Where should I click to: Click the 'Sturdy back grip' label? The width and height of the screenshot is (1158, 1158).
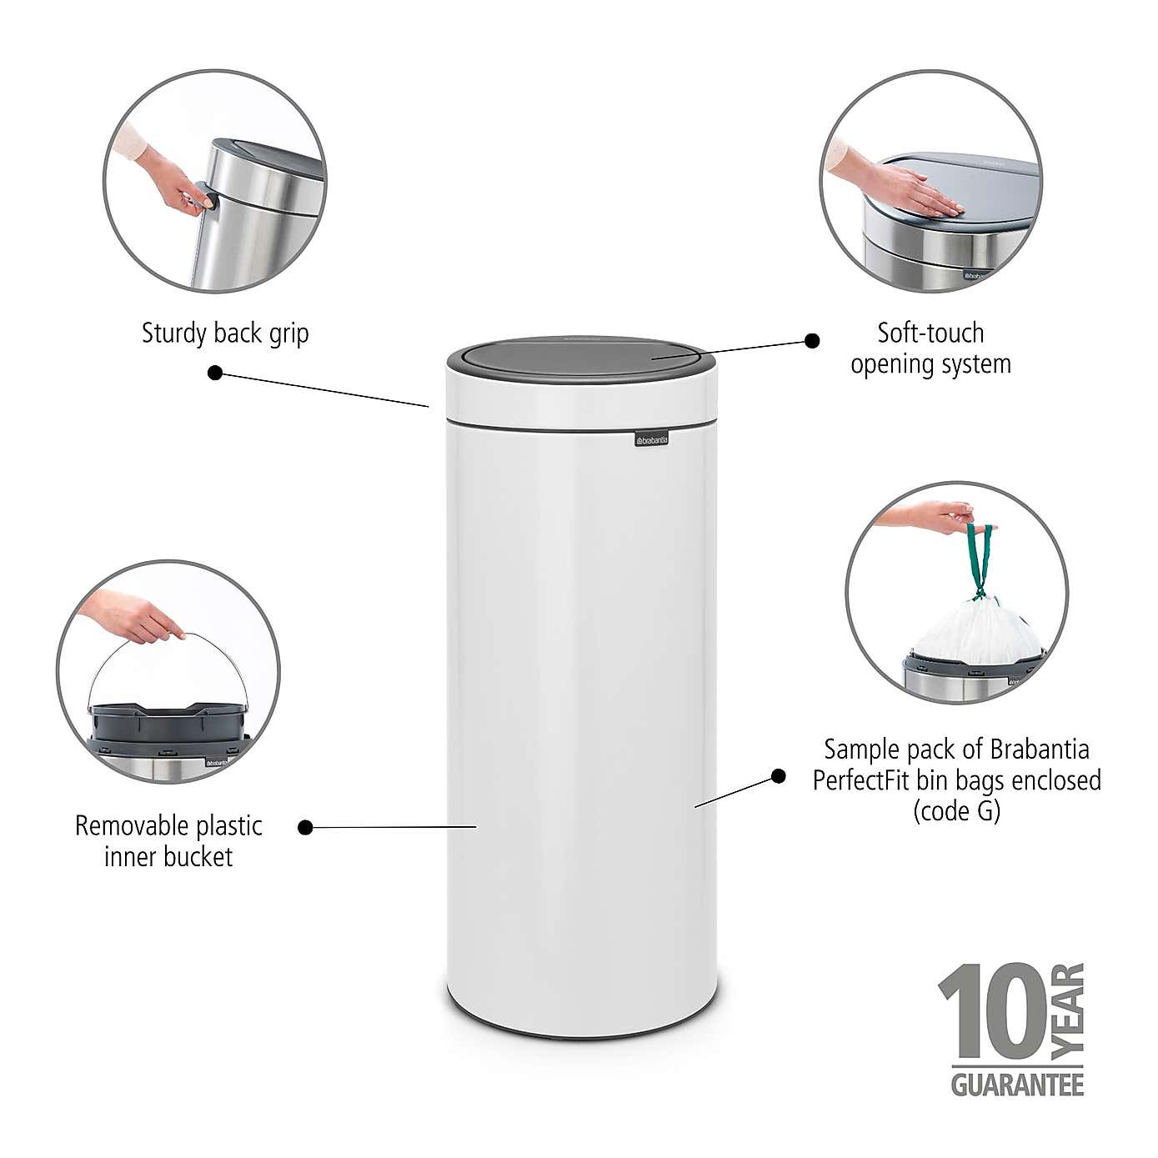click(225, 333)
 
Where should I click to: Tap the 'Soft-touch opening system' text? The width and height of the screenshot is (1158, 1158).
click(930, 348)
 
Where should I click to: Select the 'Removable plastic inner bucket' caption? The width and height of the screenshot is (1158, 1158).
click(168, 841)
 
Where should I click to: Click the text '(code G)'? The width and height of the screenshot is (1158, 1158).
click(956, 810)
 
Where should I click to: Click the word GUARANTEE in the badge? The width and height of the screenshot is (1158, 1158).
click(1017, 1085)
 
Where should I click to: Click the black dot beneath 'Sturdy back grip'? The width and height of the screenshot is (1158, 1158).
click(215, 373)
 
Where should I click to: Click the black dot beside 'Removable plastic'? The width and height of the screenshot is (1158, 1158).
click(306, 827)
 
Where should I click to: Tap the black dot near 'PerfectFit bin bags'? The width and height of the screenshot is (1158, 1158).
click(778, 776)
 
